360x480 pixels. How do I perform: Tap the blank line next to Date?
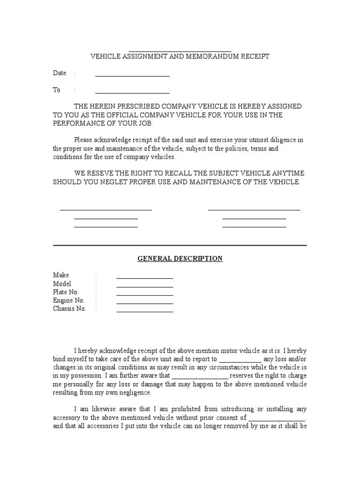[132, 75]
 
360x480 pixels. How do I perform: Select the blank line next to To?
[132, 92]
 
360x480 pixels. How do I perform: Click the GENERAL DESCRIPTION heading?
[180, 259]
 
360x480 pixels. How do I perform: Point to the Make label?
[61, 275]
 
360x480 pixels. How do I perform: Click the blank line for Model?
[144, 286]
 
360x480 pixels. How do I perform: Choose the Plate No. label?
[66, 292]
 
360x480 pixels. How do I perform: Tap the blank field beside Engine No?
[144, 303]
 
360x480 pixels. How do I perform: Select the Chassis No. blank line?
[144, 312]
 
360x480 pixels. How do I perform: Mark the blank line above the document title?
[180, 51]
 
